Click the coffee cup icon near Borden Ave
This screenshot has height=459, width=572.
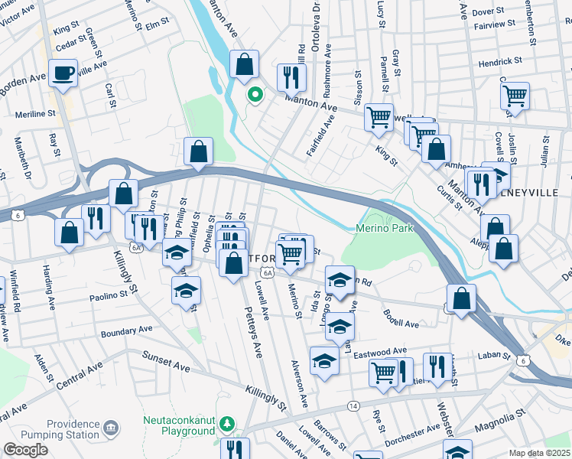click(63, 73)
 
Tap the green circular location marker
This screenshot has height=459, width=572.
click(253, 96)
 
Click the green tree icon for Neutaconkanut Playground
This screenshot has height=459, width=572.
click(226, 423)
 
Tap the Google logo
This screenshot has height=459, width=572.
click(24, 450)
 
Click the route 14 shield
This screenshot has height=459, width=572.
click(353, 405)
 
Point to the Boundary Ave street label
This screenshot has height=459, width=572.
click(127, 330)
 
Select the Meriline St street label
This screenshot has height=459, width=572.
click(36, 114)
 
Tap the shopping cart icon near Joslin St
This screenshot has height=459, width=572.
click(515, 96)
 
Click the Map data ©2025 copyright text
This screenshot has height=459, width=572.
click(540, 453)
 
